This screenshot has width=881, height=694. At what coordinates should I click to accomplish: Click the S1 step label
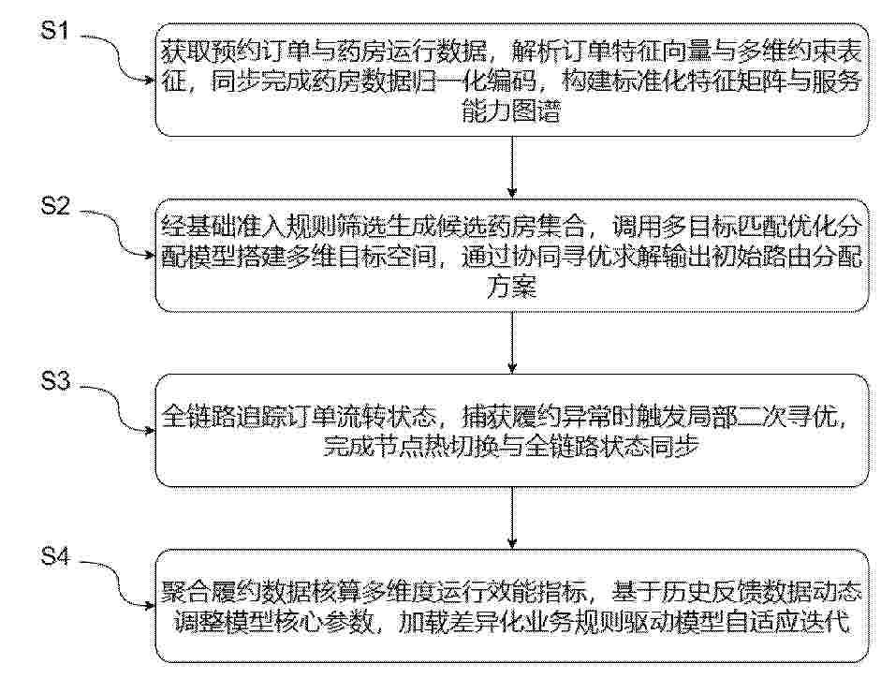tap(54, 30)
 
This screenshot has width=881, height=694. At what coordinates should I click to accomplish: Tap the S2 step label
tap(55, 206)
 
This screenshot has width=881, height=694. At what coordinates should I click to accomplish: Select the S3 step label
tap(55, 381)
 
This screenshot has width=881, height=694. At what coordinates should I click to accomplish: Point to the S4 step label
tap(55, 557)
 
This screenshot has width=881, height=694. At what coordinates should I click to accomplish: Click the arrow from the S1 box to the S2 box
tap(512, 167)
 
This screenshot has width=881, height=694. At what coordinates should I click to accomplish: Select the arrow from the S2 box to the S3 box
tap(512, 342)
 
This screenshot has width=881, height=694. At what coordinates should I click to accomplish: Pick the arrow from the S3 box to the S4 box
tap(512, 518)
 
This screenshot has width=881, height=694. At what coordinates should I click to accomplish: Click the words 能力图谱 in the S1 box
tap(511, 111)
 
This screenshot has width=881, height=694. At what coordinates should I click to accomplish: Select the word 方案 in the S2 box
tap(511, 288)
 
